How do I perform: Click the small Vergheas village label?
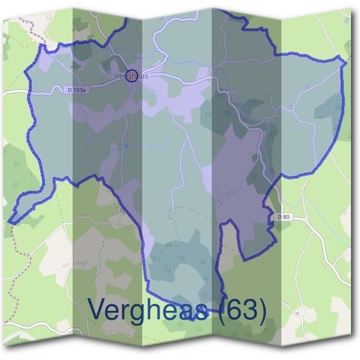131,76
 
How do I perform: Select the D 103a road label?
76,90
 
